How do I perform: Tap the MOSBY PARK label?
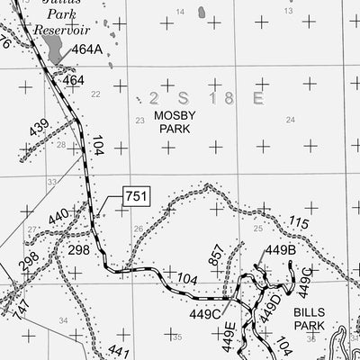[x=175, y=123]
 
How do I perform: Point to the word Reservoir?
[x=62, y=30]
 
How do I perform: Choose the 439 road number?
[x=40, y=129]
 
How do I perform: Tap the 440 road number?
[x=58, y=217]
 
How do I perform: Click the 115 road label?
[x=298, y=223]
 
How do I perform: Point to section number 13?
[x=290, y=12]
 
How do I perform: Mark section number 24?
[x=290, y=120]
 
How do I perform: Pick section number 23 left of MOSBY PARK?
[x=139, y=120]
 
